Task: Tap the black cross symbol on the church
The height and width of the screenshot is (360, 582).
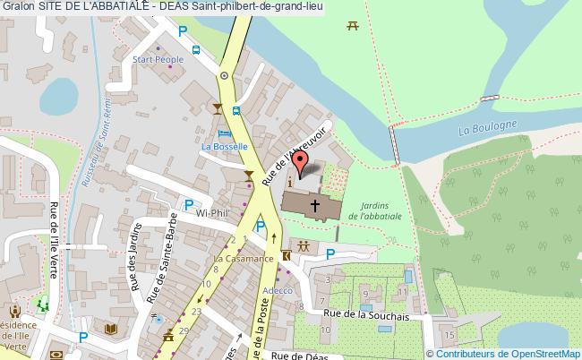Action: (315, 205)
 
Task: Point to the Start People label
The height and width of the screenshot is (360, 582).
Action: (158, 60)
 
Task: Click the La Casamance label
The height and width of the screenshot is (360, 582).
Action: (243, 259)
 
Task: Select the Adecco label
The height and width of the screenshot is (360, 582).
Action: (278, 290)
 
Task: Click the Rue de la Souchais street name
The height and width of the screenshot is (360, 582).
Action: (367, 314)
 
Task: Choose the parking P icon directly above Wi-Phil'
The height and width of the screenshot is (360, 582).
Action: (189, 205)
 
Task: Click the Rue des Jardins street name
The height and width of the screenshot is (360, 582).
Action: (133, 260)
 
